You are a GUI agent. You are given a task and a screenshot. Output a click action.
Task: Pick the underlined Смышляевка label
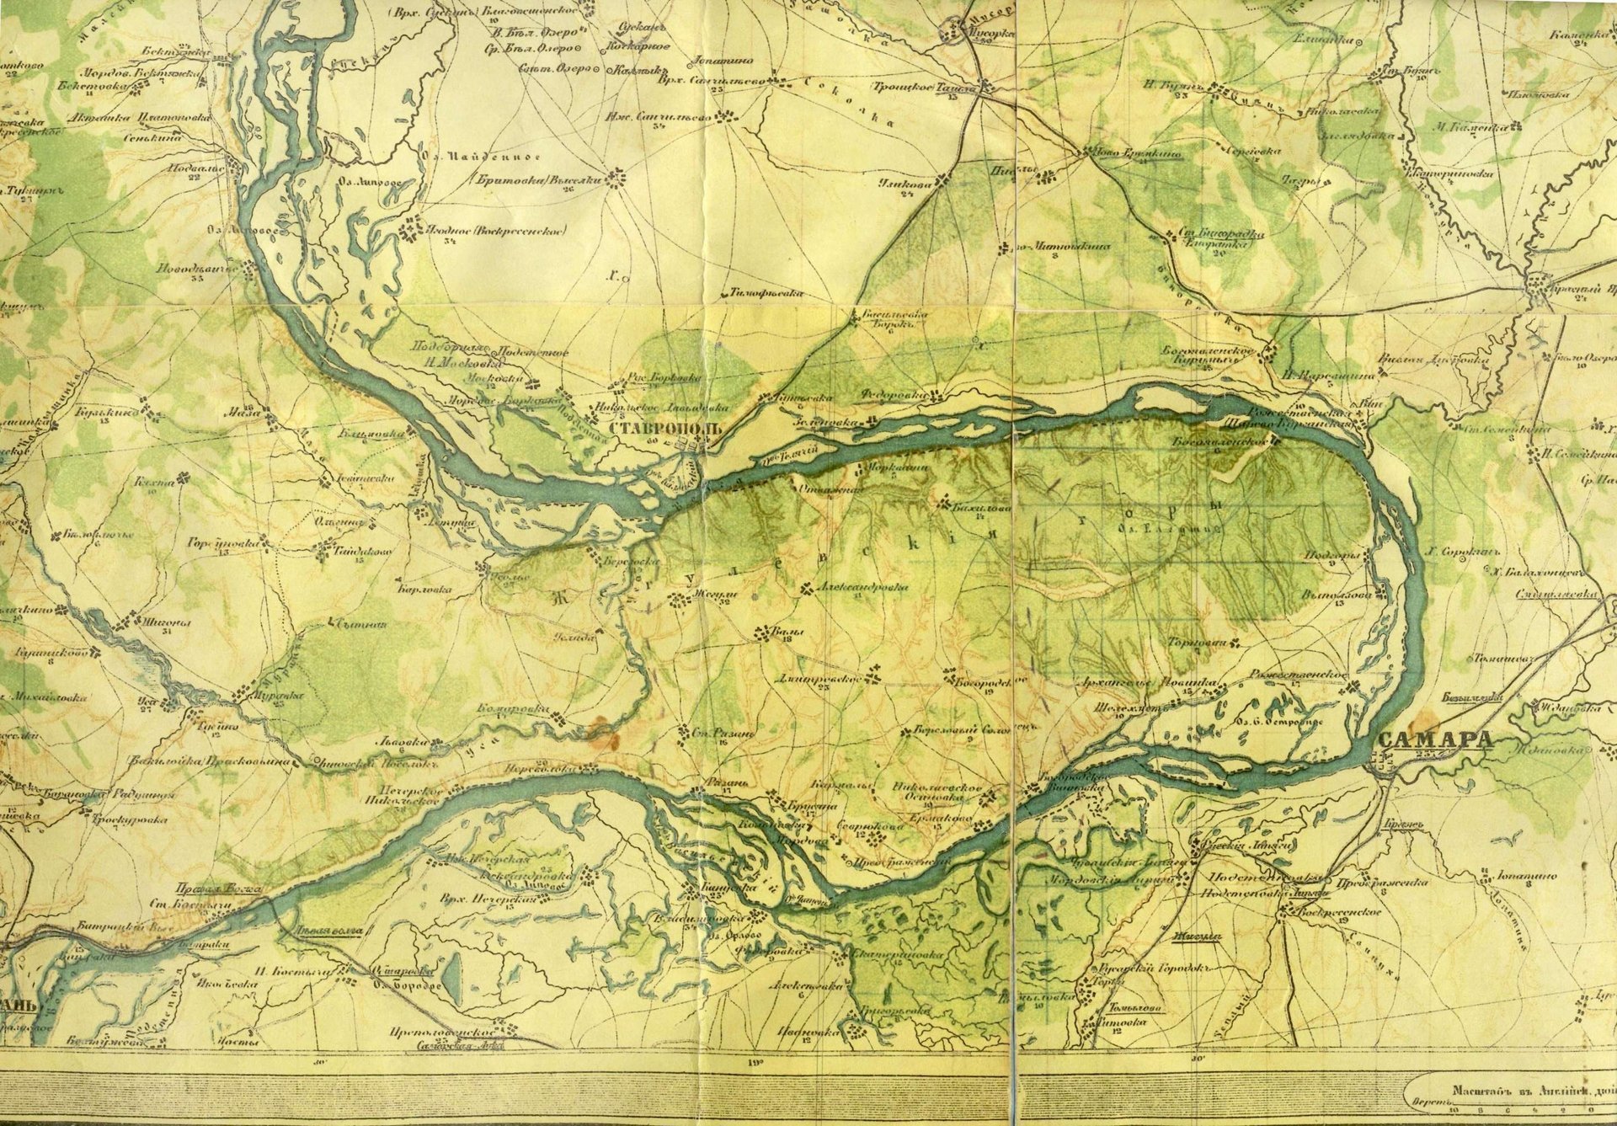point(1567,594)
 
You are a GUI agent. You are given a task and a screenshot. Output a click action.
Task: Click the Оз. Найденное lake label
point(462,157)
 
